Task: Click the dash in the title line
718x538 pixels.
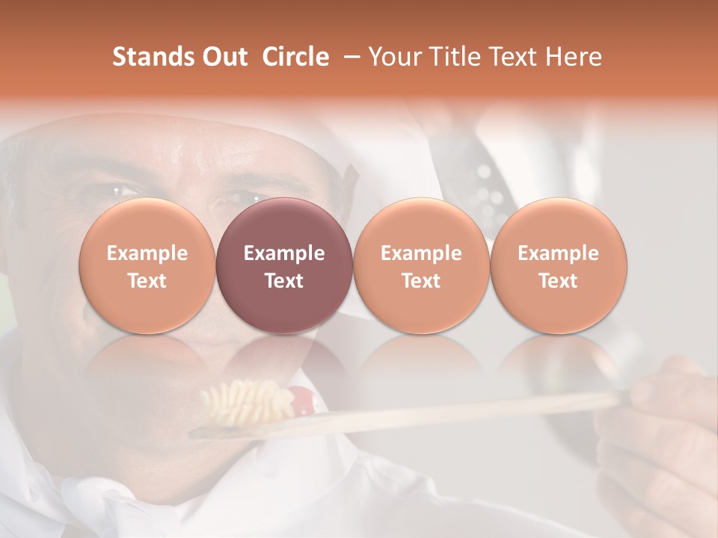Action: coord(349,58)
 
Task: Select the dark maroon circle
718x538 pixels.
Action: coord(284,265)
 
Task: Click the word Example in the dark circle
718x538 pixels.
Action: coord(284,253)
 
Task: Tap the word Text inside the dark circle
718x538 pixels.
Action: coord(284,281)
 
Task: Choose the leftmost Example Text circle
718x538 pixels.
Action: coord(147,265)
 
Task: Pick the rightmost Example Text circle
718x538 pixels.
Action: coord(559,265)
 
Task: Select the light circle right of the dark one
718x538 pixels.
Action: coord(421,265)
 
